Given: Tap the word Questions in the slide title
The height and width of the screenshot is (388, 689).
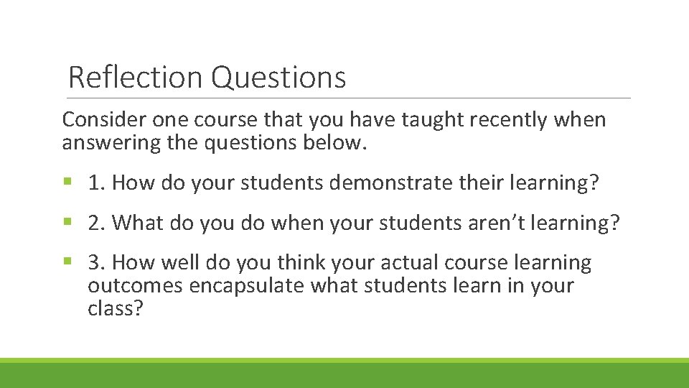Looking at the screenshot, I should point(278,78).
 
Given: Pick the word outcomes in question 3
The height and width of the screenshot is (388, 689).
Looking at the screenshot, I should point(135,286).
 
